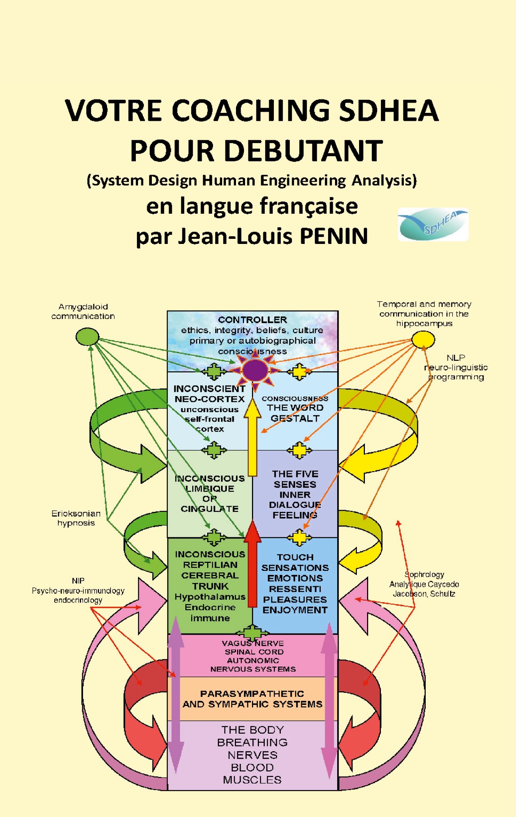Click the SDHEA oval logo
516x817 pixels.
[x=433, y=224]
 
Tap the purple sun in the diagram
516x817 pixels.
[x=255, y=370]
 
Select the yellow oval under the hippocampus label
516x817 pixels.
[x=423, y=339]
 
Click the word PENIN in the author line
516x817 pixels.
[x=334, y=236]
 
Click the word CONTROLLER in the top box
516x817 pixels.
[x=252, y=320]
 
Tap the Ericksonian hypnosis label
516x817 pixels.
[x=76, y=518]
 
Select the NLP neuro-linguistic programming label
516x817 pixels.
[x=456, y=367]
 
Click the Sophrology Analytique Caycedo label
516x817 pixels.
[x=424, y=584]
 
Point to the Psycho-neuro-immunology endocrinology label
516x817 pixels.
[x=78, y=590]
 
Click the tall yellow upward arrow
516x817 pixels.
[x=252, y=437]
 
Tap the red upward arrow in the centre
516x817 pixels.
[x=252, y=564]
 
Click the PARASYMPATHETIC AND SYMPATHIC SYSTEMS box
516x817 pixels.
[x=252, y=699]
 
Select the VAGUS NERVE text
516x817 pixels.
[x=253, y=643]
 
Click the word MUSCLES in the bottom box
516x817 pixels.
[x=252, y=779]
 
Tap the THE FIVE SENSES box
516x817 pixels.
[x=295, y=494]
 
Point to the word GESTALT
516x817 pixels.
[x=295, y=418]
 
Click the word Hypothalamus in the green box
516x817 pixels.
[x=210, y=597]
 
